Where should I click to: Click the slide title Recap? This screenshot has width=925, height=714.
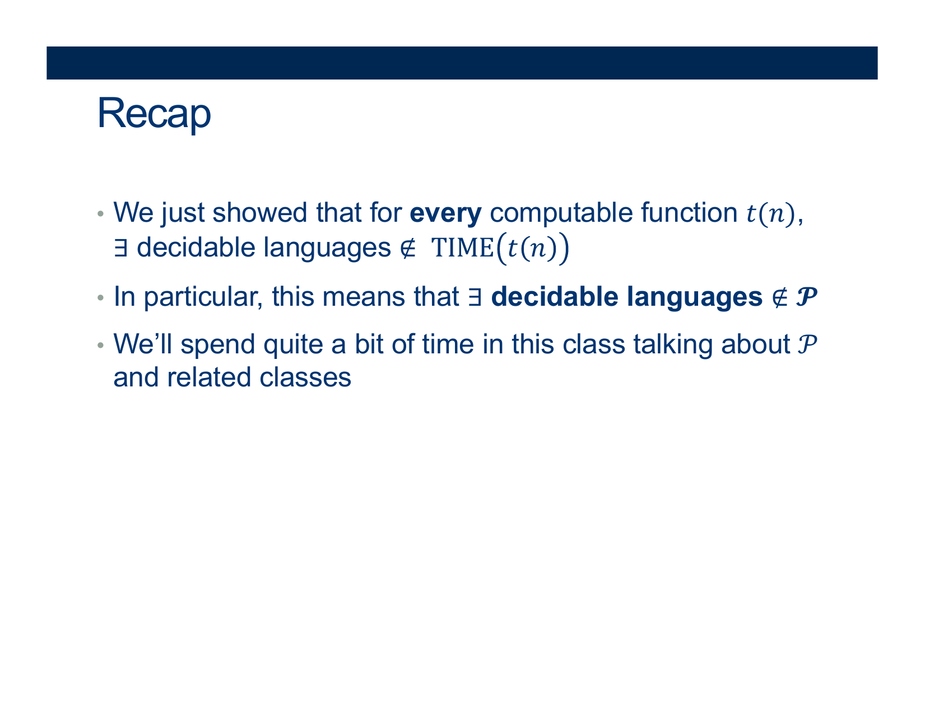pyautogui.click(x=154, y=114)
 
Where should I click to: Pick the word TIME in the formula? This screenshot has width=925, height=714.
pyautogui.click(x=462, y=248)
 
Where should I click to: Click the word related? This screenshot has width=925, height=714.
pyautogui.click(x=208, y=377)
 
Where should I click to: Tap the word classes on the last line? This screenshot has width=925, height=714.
pyautogui.click(x=305, y=377)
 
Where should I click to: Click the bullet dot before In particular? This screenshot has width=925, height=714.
pyautogui.click(x=100, y=298)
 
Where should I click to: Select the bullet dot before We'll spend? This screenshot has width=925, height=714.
pyautogui.click(x=100, y=345)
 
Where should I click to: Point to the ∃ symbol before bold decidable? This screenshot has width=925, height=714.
pyautogui.click(x=475, y=297)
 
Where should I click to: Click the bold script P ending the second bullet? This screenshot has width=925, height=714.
pyautogui.click(x=806, y=297)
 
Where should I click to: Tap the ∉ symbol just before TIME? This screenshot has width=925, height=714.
pyautogui.click(x=408, y=248)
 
